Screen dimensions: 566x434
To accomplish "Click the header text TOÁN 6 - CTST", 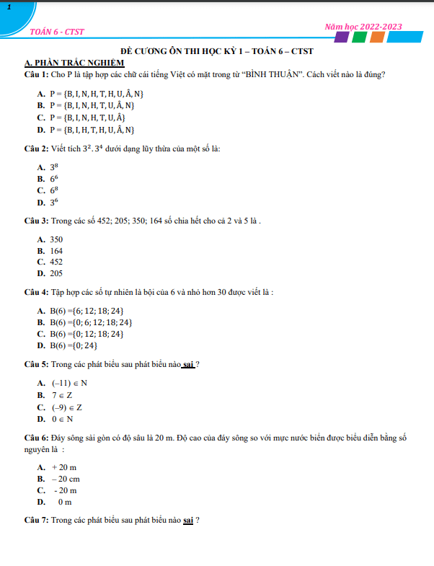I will [x=57, y=32].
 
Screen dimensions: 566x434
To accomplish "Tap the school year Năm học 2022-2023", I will [x=363, y=27].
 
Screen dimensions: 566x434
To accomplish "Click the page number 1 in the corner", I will [x=8, y=6].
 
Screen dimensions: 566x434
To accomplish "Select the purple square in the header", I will [x=342, y=37].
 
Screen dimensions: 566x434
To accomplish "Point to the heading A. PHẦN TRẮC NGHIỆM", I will [x=74, y=63].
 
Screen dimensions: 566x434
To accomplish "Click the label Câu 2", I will [x=35, y=149].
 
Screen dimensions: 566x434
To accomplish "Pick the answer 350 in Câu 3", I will [x=56, y=239].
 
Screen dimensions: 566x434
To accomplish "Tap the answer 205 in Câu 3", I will [x=56, y=274].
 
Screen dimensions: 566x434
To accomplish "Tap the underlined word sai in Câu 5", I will [x=189, y=364].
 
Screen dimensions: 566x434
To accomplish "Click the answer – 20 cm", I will [x=66, y=479].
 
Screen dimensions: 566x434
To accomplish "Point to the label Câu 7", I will [x=35, y=520].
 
